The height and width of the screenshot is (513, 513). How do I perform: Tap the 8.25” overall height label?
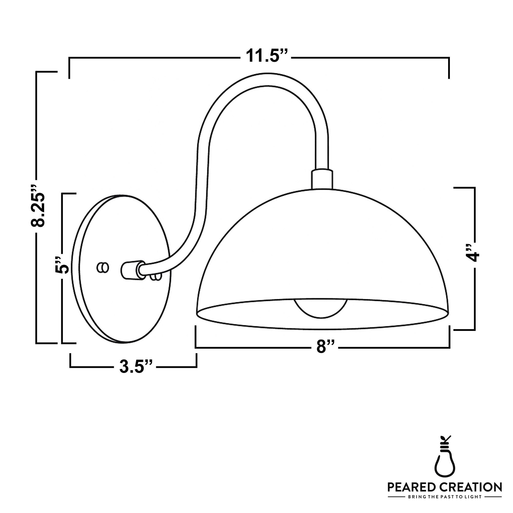coord(37,205)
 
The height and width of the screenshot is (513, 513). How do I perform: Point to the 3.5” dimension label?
coord(135,367)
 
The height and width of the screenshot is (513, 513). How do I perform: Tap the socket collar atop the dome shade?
coord(322,180)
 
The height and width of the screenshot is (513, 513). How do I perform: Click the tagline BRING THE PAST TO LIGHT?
coord(445,497)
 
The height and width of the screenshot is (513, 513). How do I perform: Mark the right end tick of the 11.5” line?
coord(449,68)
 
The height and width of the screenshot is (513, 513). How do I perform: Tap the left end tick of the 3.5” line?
coord(70,360)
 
